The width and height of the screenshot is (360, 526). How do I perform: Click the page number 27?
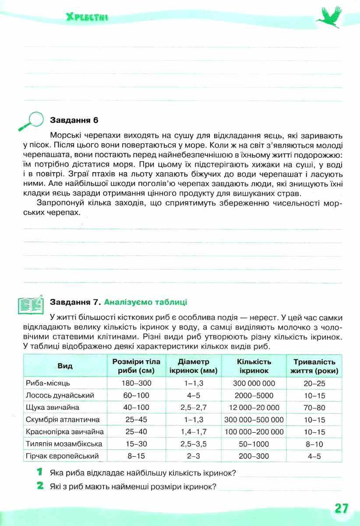[x=341, y=508]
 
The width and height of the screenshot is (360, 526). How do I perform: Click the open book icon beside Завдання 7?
[x=30, y=303]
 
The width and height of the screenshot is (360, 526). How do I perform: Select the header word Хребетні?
[x=87, y=18]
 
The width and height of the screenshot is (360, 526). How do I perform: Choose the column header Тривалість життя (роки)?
[x=314, y=366]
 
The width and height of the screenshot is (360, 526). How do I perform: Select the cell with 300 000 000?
[x=254, y=383]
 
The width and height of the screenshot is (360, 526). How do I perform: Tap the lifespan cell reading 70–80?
[x=314, y=407]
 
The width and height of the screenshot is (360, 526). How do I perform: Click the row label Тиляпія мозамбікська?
[x=64, y=444]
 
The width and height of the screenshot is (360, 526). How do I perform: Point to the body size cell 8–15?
[x=136, y=456]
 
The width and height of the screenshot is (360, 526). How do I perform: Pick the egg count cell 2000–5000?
[x=254, y=395]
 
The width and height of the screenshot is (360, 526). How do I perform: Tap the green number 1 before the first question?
[x=40, y=473]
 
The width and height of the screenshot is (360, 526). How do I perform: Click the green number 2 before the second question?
[x=40, y=486]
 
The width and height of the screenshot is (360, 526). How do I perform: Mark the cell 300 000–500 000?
[x=254, y=419]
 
